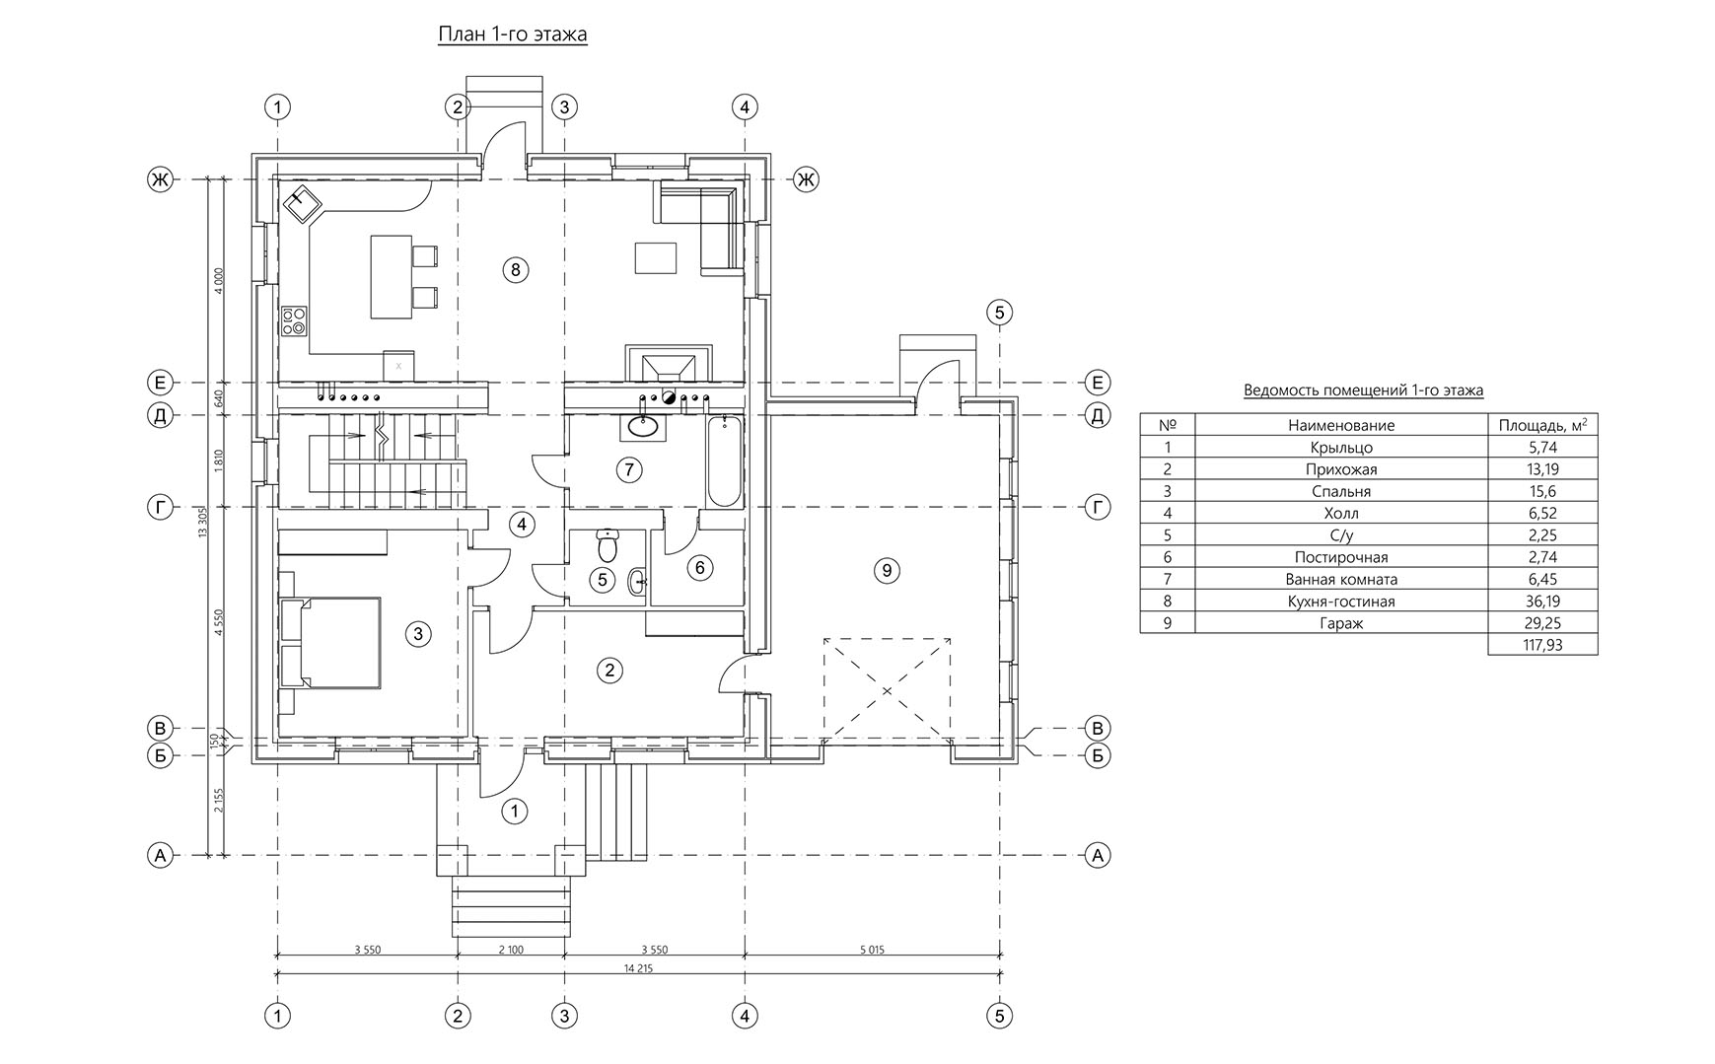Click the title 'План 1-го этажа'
[513, 35]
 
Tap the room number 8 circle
[515, 268]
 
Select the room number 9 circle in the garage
[887, 570]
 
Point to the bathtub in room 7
[725, 461]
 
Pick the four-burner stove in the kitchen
[294, 319]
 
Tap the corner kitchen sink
[303, 206]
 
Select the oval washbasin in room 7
[644, 427]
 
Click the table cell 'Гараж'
[1340, 623]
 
